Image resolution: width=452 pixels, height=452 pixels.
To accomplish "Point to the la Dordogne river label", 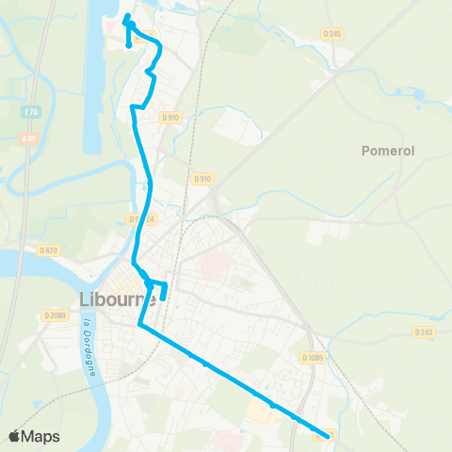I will (x=90, y=347).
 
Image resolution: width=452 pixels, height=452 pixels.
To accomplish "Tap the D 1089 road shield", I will (x=312, y=358).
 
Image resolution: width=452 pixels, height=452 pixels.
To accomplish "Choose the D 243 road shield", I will (x=423, y=331).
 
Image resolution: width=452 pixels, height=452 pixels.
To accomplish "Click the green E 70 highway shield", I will (x=31, y=111).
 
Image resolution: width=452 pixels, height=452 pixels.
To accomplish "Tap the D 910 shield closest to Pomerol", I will (x=202, y=179).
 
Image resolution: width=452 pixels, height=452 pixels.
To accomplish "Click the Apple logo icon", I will (x=15, y=436).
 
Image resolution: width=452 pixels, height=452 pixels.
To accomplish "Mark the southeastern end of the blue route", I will (x=329, y=435).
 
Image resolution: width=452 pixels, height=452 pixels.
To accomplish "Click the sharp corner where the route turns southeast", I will (x=140, y=326).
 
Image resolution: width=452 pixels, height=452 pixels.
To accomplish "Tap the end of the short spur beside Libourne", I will (x=163, y=298).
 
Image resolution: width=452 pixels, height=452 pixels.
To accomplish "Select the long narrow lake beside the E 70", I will (x=92, y=85).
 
